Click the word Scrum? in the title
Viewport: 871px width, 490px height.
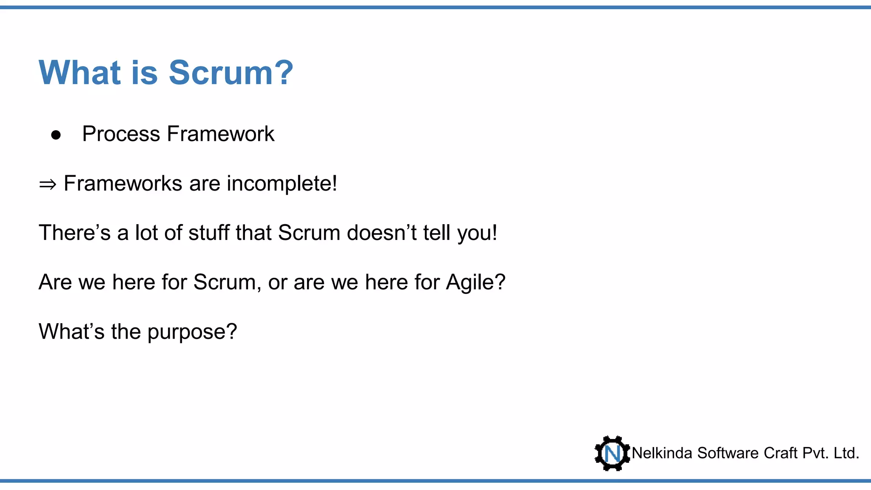tap(231, 73)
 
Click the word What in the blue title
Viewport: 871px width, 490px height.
tap(80, 73)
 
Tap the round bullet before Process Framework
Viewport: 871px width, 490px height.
tap(56, 135)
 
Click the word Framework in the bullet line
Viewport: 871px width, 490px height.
tap(221, 134)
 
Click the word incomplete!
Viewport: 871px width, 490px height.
tap(282, 184)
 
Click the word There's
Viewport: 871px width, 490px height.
tap(75, 233)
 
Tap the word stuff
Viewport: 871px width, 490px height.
tap(208, 233)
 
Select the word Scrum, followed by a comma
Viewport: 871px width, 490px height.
tap(227, 282)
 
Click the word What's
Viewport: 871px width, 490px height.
tap(71, 332)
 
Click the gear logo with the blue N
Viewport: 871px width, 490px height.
tap(612, 453)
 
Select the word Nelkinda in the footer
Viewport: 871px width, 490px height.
tap(662, 453)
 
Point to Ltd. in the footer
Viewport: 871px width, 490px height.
tap(846, 453)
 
